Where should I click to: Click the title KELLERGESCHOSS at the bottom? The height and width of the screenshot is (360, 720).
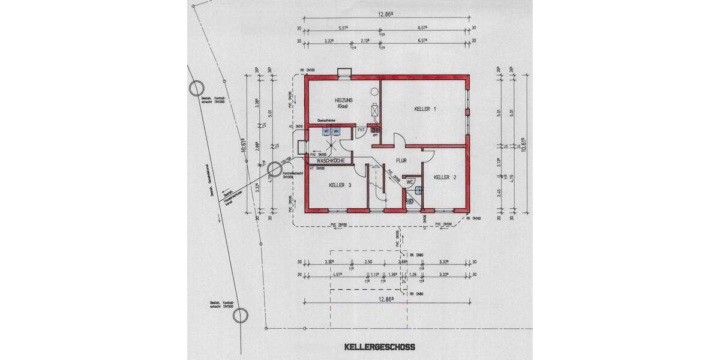(379, 347)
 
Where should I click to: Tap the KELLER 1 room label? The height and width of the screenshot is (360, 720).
(425, 109)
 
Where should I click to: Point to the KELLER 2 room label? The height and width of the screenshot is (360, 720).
(445, 177)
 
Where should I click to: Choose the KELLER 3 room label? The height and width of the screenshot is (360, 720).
(340, 185)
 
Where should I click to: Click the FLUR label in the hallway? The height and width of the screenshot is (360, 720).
(402, 160)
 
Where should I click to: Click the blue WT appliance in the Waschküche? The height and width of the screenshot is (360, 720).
(326, 131)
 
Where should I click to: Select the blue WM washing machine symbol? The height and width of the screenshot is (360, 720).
(336, 131)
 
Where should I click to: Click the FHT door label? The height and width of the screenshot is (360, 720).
(361, 130)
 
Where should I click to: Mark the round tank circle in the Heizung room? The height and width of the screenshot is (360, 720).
(375, 91)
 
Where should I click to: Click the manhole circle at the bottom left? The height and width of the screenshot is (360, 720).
(241, 316)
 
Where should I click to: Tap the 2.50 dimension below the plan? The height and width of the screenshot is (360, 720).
(368, 262)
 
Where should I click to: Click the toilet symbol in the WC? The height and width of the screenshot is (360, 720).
(410, 201)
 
